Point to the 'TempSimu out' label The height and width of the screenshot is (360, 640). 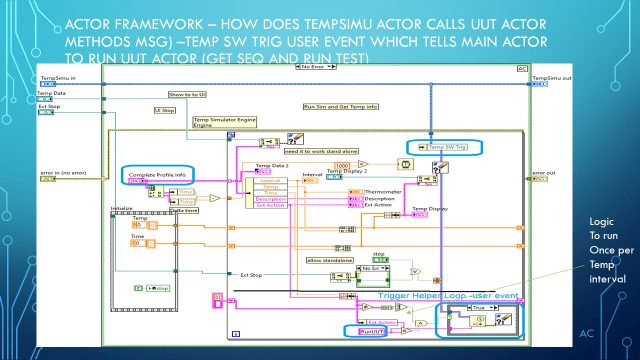click(x=552, y=77)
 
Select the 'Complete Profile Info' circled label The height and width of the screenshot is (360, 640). click(x=155, y=174)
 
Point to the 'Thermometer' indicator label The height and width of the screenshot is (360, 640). click(x=385, y=190)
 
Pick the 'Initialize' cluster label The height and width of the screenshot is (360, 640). click(x=121, y=211)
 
